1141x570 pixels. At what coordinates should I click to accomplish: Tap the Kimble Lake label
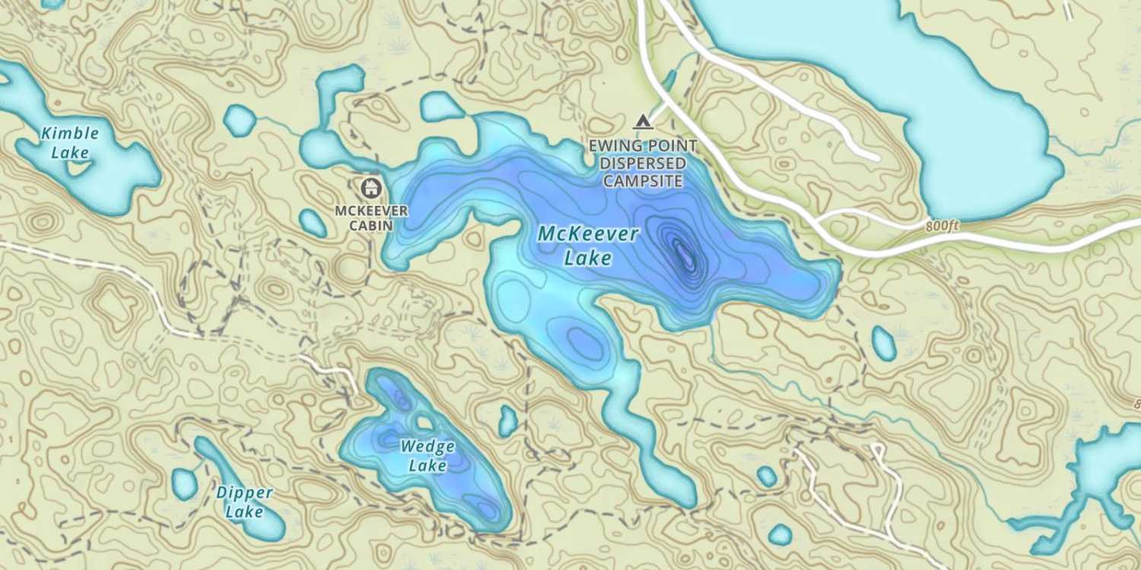click(x=70, y=143)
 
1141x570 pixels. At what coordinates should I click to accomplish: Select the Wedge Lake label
click(x=427, y=455)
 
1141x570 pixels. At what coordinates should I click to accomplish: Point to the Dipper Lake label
click(x=244, y=502)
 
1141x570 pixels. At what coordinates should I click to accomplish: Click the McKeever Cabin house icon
click(x=370, y=186)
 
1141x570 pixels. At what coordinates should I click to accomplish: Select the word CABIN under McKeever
click(x=371, y=226)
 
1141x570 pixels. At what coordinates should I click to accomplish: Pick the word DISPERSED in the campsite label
click(x=643, y=163)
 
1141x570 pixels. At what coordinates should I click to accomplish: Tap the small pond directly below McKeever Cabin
click(x=313, y=223)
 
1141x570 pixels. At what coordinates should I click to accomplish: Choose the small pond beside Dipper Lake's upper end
click(x=184, y=483)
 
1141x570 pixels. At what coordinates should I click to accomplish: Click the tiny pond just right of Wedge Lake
click(x=508, y=420)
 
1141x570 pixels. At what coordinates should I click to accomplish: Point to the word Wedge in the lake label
click(x=427, y=446)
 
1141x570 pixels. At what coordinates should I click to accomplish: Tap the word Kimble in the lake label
click(x=70, y=134)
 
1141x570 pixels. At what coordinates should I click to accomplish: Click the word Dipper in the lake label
click(x=244, y=493)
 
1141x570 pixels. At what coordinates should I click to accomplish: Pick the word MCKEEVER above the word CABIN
click(x=371, y=210)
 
